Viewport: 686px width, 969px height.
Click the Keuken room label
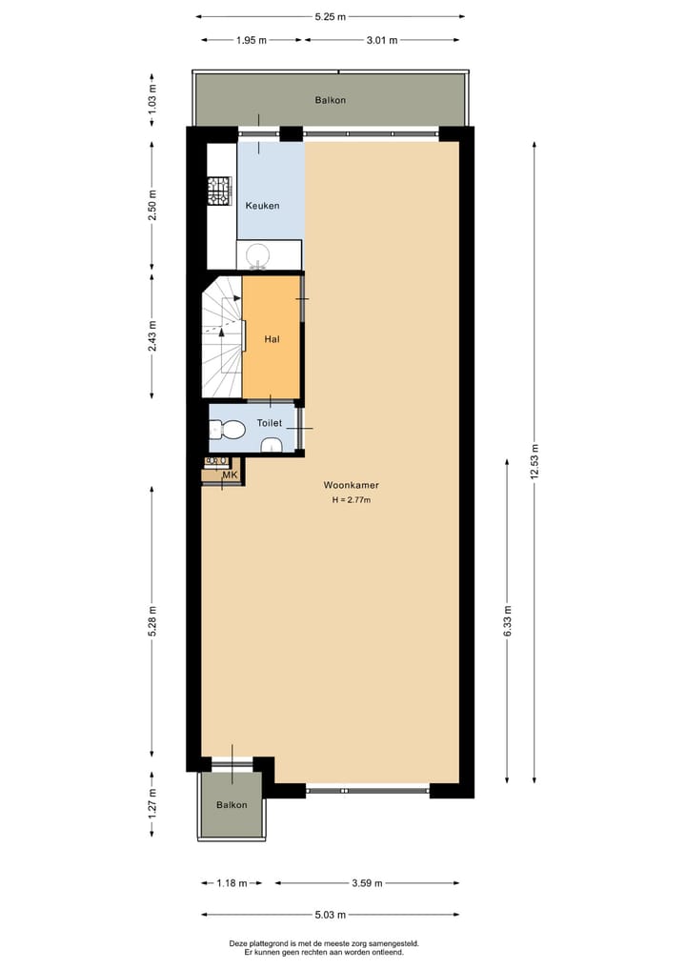262,206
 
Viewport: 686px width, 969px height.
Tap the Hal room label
272,338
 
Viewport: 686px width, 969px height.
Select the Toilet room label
270,422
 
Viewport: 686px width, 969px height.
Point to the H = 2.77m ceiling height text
351,499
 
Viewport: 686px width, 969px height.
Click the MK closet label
230,475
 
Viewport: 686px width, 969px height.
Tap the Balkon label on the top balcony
330,100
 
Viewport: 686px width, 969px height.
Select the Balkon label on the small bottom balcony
232,805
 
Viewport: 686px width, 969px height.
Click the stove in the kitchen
221,192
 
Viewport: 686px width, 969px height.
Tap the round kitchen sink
258,254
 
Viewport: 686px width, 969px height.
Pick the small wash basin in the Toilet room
272,444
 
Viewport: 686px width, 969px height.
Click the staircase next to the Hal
223,338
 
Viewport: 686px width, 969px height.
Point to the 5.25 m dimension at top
330,16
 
